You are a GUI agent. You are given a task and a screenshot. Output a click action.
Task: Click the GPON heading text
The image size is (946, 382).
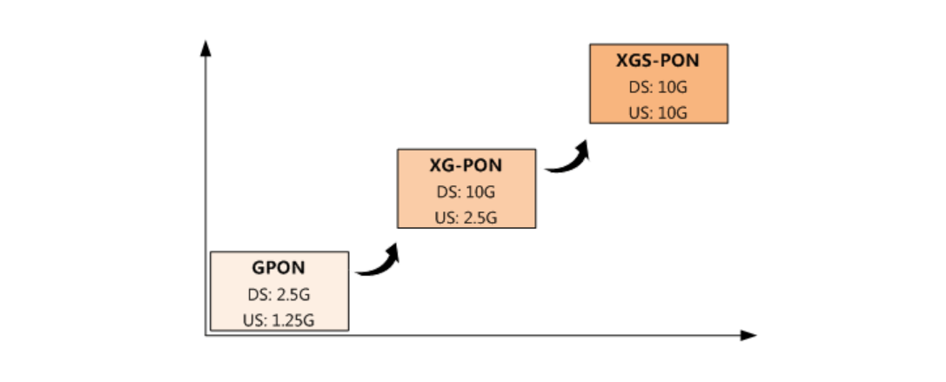click(279, 268)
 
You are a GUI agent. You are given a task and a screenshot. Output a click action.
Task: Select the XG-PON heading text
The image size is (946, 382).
click(466, 164)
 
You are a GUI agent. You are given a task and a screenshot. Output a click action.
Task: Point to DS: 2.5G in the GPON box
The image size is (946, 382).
click(279, 294)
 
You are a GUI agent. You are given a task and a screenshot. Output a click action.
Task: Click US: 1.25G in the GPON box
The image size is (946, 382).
click(279, 320)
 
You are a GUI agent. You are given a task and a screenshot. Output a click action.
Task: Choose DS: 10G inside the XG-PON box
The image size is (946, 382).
click(466, 191)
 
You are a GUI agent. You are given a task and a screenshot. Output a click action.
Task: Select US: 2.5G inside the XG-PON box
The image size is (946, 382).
click(466, 217)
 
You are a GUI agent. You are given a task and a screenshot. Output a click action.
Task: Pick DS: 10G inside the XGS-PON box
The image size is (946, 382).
click(657, 87)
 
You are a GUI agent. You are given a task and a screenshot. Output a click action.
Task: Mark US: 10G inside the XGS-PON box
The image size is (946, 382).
click(657, 113)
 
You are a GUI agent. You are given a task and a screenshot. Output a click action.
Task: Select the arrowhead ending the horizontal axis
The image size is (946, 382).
click(748, 335)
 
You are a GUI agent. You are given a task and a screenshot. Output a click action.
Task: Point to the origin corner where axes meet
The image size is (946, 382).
click(206, 335)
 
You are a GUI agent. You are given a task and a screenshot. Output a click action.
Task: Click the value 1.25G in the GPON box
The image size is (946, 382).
click(292, 320)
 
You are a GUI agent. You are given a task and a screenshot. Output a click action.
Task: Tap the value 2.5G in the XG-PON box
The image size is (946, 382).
click(479, 217)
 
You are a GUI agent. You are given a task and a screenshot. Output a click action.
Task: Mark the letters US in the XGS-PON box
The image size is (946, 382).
click(637, 113)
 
